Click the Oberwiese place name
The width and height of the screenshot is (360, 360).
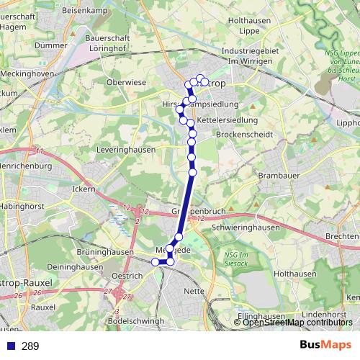126,83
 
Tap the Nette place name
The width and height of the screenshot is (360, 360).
194,291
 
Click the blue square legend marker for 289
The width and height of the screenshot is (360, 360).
11,346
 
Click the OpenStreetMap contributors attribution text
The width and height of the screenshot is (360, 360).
297,322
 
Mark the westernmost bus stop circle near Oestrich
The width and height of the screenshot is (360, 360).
155,262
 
